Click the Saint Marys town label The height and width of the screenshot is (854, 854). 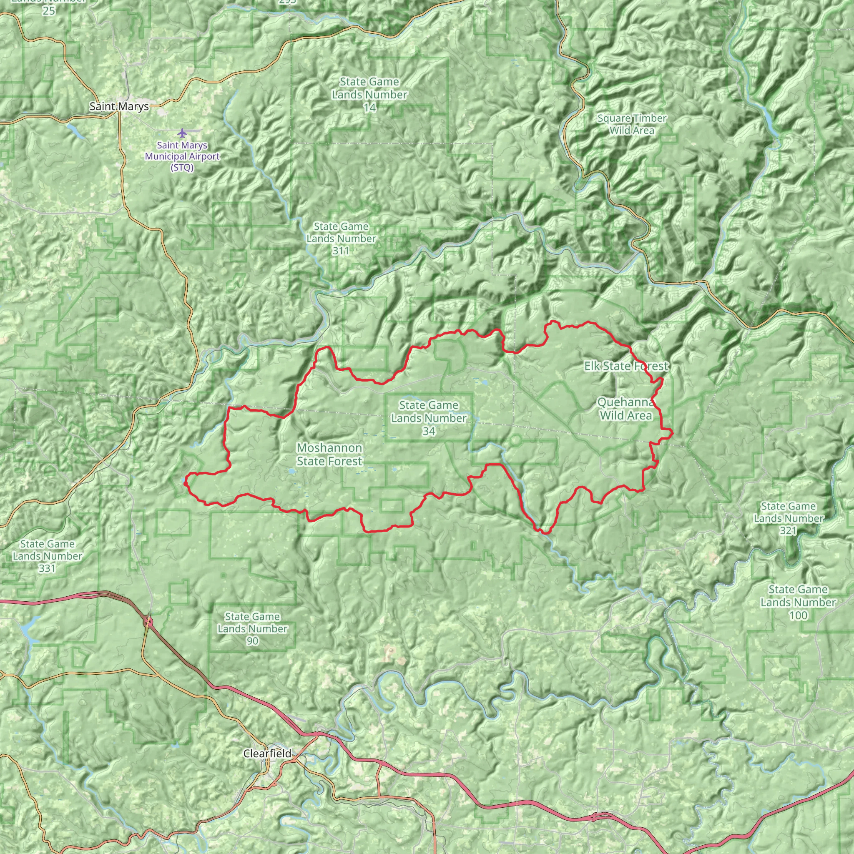119,106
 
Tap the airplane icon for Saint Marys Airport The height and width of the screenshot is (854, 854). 182,132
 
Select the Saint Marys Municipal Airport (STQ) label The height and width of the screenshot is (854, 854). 182,156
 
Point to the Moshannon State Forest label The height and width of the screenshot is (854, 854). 329,455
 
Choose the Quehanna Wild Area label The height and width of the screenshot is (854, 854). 625,409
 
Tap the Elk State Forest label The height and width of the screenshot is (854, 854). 626,366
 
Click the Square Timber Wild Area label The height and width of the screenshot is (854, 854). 632,124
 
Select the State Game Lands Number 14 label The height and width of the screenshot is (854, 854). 369,95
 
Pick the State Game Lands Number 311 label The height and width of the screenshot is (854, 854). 341,239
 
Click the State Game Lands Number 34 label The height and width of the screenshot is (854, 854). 428,418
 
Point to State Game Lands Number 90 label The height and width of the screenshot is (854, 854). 252,628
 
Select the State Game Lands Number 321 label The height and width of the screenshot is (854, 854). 789,518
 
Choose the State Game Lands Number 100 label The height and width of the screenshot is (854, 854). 798,602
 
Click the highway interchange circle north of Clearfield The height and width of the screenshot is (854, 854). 148,623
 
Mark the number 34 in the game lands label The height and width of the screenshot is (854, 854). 428,431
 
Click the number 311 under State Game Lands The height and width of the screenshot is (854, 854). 341,251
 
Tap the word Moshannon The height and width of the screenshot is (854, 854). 329,448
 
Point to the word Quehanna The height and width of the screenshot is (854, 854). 625,402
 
